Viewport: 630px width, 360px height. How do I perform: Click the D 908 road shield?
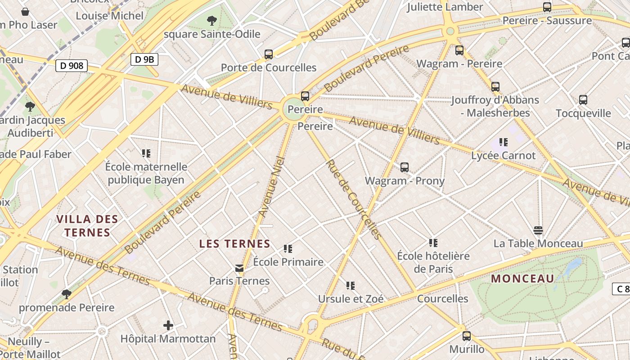click(72, 66)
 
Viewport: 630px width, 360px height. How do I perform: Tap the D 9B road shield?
click(144, 59)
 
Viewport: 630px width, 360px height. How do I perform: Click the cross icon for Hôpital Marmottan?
click(168, 325)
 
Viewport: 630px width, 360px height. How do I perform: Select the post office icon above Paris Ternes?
click(239, 268)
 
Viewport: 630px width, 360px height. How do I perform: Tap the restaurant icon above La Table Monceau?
click(538, 230)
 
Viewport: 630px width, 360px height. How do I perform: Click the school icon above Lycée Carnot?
click(503, 142)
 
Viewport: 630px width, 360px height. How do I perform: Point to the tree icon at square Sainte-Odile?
click(211, 20)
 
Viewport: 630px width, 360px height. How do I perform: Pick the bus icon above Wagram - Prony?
click(405, 167)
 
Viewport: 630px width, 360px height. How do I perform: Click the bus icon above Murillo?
click(467, 336)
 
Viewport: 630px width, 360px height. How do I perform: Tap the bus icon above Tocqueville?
click(583, 100)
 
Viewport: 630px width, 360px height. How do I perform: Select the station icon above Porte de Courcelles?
click(269, 54)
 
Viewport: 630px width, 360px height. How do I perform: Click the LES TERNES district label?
click(234, 244)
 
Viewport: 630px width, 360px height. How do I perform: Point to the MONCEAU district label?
click(522, 279)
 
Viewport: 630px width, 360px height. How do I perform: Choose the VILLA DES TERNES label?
click(87, 226)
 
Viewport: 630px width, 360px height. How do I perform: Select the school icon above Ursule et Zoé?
click(351, 285)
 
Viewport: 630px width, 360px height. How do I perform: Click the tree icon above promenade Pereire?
click(67, 294)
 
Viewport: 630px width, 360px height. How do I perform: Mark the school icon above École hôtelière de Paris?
click(433, 243)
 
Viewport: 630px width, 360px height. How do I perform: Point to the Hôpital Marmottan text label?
click(168, 338)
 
